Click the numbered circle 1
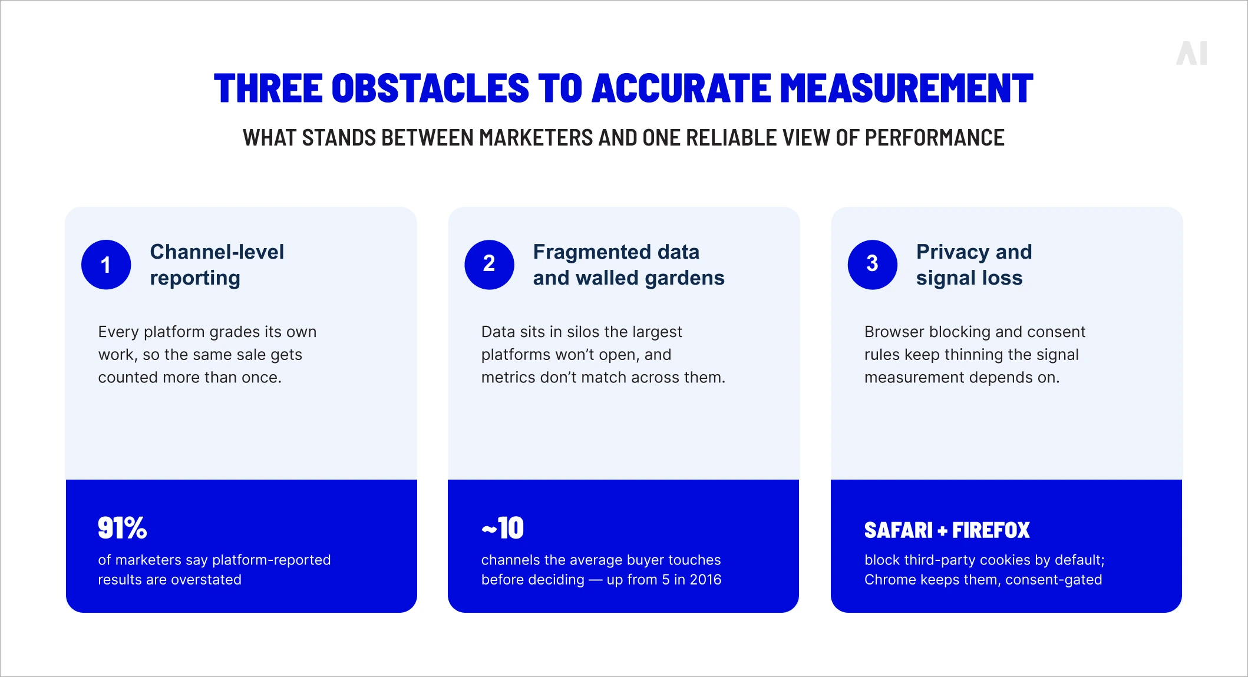[106, 265]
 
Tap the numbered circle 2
[489, 265]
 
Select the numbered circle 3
[872, 265]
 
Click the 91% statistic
[122, 528]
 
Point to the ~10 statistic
[503, 528]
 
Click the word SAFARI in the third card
[899, 530]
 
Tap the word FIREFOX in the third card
[991, 530]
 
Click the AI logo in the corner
[1192, 53]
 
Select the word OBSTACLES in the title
[430, 88]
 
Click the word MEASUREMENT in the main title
[907, 88]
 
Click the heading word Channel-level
[217, 252]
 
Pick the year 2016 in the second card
[705, 580]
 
